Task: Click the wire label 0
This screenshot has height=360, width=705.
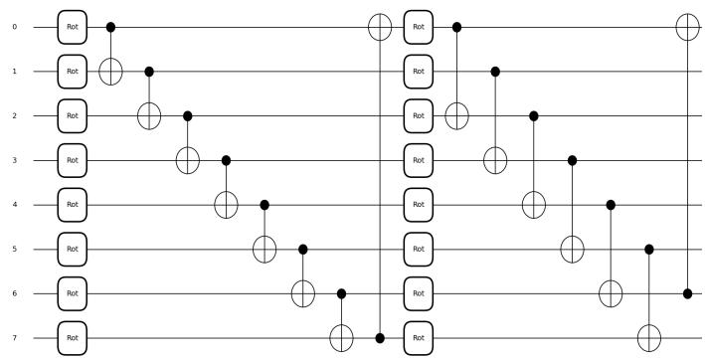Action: (15, 27)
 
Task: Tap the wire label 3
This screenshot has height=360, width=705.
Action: (15, 160)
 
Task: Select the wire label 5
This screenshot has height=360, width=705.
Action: (15, 249)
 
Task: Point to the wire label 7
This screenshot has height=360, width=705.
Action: (15, 338)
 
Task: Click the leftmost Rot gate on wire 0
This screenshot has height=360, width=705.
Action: (73, 27)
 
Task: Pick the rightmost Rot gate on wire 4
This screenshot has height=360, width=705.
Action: (419, 205)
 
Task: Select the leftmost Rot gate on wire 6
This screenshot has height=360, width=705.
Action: (73, 293)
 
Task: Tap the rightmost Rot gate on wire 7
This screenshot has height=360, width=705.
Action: (419, 338)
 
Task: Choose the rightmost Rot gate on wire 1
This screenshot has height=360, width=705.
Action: (419, 72)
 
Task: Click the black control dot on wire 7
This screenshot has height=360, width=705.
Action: (380, 338)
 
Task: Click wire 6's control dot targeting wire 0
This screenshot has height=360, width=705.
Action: (687, 293)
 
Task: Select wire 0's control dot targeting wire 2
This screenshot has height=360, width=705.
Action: (456, 27)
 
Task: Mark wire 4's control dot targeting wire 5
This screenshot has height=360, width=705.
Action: (264, 205)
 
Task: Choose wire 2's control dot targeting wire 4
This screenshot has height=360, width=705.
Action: (534, 116)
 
